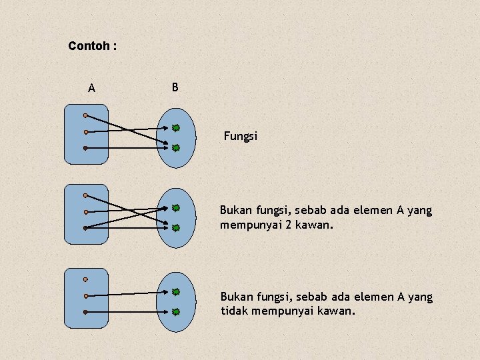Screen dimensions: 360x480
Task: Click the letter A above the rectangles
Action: (91, 88)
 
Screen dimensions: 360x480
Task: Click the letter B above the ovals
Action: (175, 87)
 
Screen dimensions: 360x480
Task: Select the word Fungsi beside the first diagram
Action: (240, 137)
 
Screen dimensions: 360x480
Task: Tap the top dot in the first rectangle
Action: (86, 115)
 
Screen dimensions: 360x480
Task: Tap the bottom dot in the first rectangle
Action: (86, 147)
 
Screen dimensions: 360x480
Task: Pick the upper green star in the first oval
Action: (176, 127)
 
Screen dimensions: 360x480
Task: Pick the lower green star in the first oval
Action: (176, 147)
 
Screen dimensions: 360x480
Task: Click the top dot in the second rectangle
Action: (86, 195)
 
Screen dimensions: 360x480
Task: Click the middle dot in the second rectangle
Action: (86, 212)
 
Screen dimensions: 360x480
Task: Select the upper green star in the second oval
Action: (176, 208)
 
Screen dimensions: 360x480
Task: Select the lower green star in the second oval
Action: (176, 227)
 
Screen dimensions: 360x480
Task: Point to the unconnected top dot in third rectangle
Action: (86, 280)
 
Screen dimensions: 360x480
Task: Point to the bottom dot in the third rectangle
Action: (86, 312)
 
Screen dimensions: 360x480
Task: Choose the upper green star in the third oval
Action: (176, 292)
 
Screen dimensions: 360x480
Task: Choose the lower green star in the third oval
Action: (176, 311)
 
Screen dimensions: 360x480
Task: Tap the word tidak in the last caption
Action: (235, 311)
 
